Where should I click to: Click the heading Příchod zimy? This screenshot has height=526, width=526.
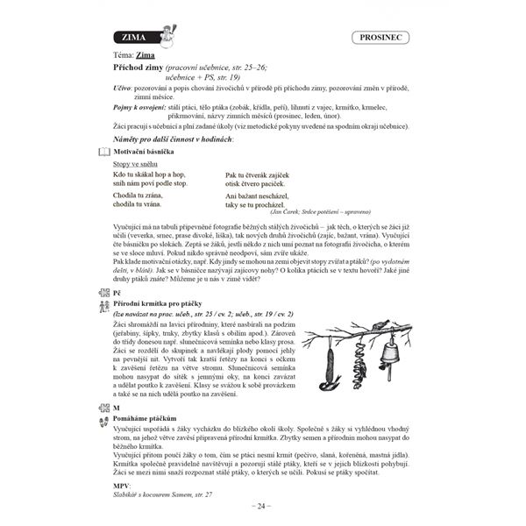point(143,67)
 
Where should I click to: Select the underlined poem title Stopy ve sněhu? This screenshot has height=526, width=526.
point(136,164)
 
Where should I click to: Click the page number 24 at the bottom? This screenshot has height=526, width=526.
point(263,507)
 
